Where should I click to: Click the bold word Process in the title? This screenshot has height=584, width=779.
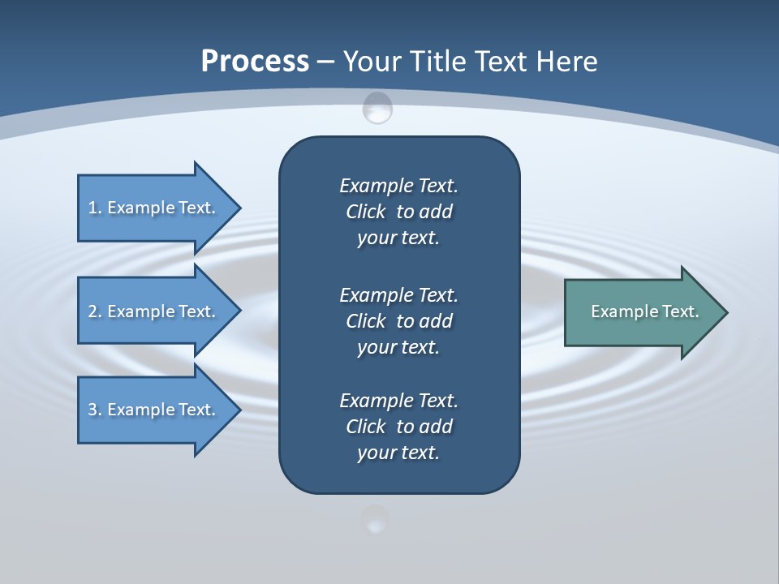coord(255,62)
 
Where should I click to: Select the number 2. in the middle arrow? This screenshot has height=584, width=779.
coord(95,311)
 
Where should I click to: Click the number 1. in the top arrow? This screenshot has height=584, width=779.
coord(95,208)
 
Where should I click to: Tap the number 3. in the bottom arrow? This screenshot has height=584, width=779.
coord(95,410)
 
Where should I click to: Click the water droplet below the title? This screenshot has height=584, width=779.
coord(377,108)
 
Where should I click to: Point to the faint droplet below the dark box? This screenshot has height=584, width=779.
coord(375,519)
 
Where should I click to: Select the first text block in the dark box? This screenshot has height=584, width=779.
coord(398,212)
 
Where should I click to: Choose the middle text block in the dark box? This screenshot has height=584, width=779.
coord(398,320)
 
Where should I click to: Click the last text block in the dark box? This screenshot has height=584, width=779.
coord(398,427)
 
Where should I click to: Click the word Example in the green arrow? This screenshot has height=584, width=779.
coord(618,311)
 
